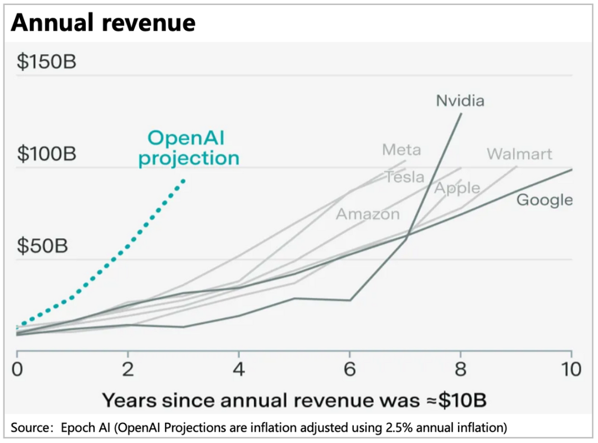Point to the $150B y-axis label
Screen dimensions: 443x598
47,61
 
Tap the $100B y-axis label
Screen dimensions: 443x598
47,154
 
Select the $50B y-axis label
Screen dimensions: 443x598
42,246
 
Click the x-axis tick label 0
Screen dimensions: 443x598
17,369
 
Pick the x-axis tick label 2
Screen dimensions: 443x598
128,369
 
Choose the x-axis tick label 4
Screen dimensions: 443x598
239,369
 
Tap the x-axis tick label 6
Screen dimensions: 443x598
349,369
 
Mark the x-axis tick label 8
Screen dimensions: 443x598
460,369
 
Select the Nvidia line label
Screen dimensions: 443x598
460,100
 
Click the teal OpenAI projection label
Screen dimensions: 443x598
188,148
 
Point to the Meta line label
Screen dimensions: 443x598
401,150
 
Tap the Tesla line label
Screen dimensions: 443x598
405,177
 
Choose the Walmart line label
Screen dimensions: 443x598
519,153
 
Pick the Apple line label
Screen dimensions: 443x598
457,188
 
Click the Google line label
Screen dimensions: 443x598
544,200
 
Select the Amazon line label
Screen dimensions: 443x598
368,214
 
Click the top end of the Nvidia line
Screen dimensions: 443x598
461,114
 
